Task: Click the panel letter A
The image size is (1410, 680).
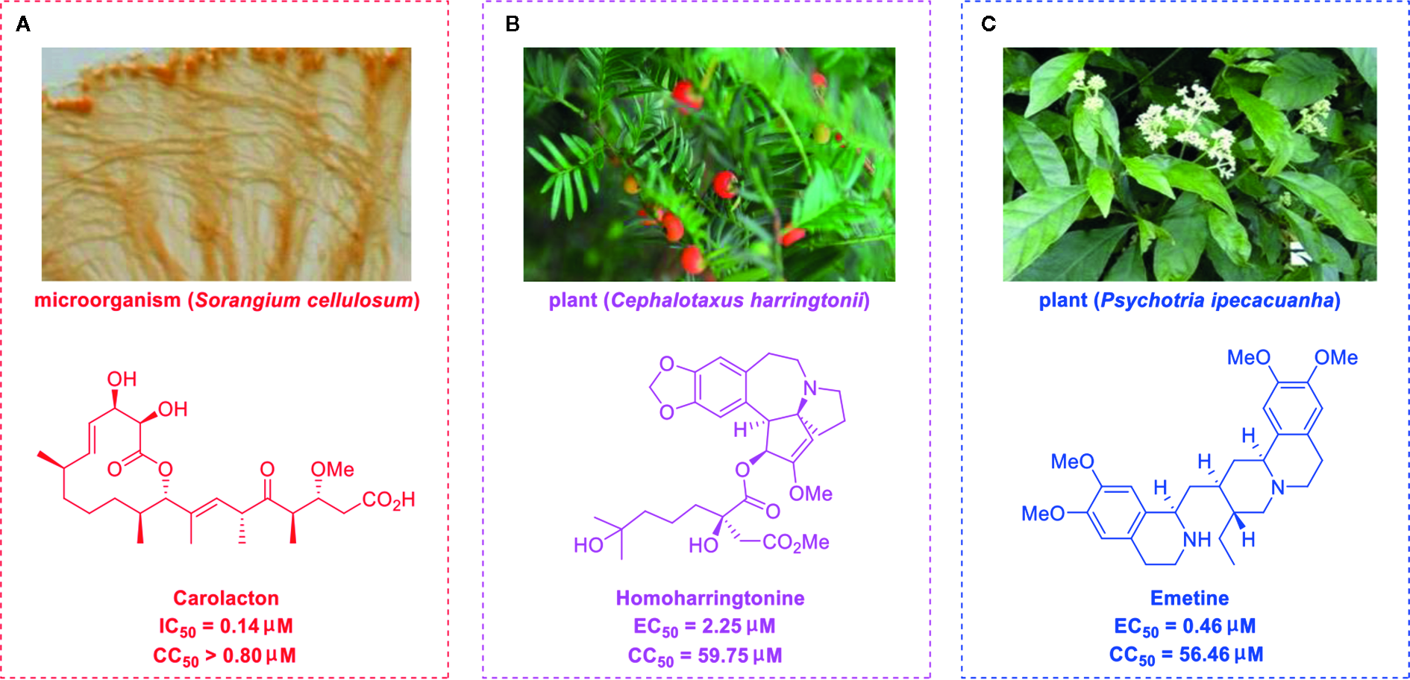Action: tap(23, 25)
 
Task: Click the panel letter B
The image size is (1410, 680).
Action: tap(513, 25)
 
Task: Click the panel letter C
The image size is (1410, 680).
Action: tap(988, 25)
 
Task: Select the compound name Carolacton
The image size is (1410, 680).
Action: tap(226, 598)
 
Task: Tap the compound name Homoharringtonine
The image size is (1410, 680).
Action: tap(709, 598)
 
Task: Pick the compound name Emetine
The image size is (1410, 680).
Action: tap(1189, 598)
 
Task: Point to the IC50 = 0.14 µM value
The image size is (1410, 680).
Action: tap(225, 626)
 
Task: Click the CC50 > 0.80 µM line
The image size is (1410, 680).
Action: tap(225, 656)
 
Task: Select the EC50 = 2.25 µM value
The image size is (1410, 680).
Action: tap(704, 626)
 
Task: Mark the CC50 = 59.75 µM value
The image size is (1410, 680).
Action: tap(705, 656)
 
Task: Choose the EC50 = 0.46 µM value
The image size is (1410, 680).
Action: tap(1185, 626)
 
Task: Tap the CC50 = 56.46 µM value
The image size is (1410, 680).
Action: tap(1186, 655)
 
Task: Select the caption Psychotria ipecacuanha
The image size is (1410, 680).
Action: tap(1218, 300)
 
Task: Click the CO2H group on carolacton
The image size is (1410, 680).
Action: tap(388, 500)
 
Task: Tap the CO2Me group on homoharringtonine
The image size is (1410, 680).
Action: tap(795, 542)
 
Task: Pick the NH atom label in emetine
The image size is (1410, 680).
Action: tap(1197, 540)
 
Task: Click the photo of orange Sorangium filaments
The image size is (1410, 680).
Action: tap(226, 164)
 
